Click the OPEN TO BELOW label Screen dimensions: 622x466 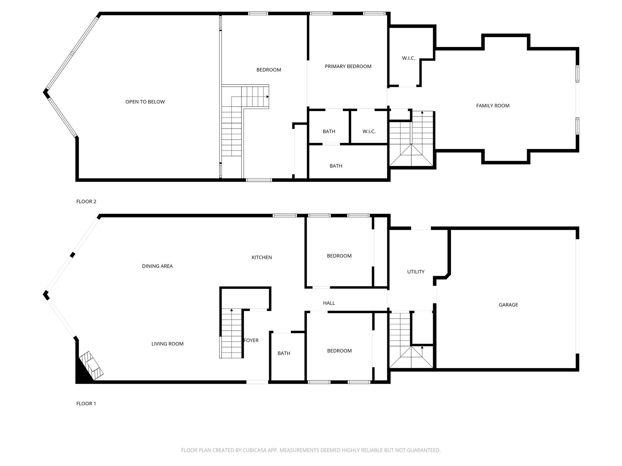click(x=145, y=102)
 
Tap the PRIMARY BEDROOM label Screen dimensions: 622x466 click(x=348, y=66)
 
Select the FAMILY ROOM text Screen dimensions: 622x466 click(x=493, y=106)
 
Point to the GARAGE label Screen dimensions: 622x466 click(x=508, y=305)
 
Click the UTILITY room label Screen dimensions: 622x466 click(x=416, y=272)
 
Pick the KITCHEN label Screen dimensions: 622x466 click(x=262, y=258)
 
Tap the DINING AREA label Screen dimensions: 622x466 click(x=157, y=266)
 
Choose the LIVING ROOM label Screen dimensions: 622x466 click(x=168, y=344)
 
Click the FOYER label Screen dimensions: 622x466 click(x=251, y=341)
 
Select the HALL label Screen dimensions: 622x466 click(x=329, y=303)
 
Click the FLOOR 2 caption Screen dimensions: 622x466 click(x=86, y=201)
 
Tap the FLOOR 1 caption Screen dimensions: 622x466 click(x=86, y=404)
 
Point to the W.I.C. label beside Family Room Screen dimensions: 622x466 click(x=408, y=58)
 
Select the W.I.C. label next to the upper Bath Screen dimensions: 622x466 click(x=369, y=132)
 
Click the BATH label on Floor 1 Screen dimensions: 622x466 click(x=284, y=353)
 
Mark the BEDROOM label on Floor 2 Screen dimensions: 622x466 click(x=269, y=70)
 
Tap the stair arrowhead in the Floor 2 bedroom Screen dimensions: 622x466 click(x=268, y=97)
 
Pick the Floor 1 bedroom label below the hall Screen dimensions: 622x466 click(x=339, y=351)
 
